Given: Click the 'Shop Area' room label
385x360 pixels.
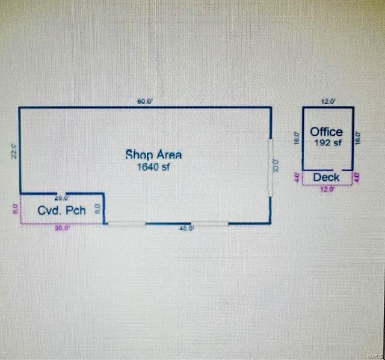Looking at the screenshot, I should point(153,154).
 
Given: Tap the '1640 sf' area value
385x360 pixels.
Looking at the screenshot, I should point(153,168).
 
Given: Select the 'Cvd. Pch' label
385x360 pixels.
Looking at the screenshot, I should point(62,210).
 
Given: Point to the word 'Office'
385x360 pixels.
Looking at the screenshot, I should point(327,132).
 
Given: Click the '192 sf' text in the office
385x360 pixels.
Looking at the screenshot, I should point(327,143).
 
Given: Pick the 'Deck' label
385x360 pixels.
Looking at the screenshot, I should point(327,177).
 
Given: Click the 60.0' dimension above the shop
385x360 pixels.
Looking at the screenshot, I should point(145,102).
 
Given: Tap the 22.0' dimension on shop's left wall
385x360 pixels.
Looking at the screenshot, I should point(14,150).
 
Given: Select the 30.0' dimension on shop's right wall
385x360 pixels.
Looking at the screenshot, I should point(277,165).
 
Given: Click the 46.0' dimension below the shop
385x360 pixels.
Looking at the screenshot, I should point(186,228).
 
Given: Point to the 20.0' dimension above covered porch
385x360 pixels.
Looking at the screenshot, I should point(61,198).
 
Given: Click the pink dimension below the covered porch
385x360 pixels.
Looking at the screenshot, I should point(63,228).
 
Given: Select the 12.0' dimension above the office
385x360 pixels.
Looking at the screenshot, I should point(328,102).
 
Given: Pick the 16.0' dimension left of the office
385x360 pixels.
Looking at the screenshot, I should point(297,138).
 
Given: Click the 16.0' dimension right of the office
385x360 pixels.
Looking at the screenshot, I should point(359,138).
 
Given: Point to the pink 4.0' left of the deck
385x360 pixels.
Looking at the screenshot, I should point(297,177).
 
